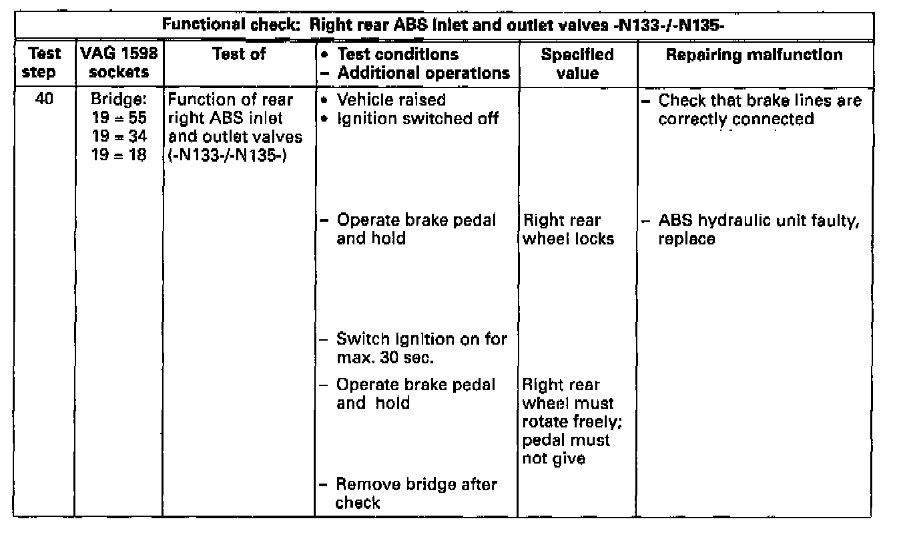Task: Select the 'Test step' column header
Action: [x=43, y=63]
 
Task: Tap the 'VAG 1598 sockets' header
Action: [x=118, y=63]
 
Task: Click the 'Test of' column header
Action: [x=238, y=54]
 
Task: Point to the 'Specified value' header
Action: [x=577, y=63]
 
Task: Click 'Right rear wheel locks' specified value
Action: [x=568, y=229]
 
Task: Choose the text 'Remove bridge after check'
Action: [x=415, y=494]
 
